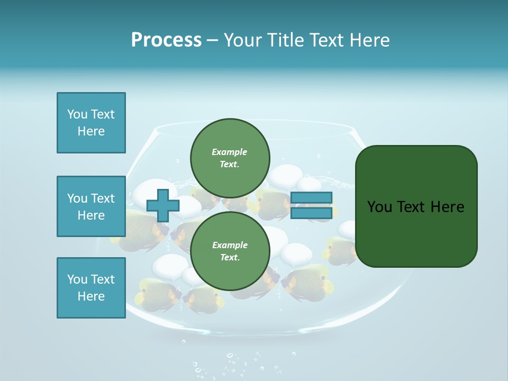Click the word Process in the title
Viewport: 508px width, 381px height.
(166, 40)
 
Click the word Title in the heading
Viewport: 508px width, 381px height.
(284, 40)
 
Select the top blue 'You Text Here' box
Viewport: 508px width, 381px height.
(91, 123)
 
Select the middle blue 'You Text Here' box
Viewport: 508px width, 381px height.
(91, 206)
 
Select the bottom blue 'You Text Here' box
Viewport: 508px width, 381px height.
(91, 288)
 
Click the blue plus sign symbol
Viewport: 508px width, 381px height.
(162, 205)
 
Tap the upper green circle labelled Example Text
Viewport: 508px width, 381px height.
(230, 158)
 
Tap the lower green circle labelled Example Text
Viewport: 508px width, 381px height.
(230, 251)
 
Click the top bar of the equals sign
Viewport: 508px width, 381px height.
(312, 198)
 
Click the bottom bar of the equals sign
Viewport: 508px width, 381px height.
(312, 213)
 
